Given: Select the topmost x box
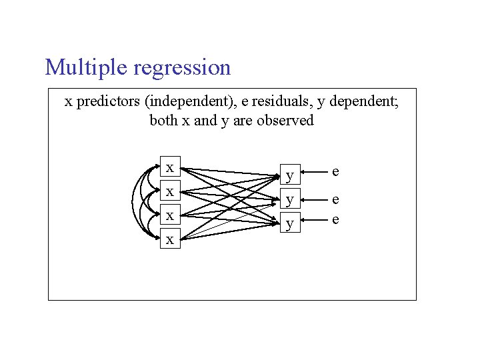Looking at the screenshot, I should coord(171,167).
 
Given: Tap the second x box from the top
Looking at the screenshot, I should coord(171,191).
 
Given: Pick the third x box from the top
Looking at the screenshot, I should coord(171,215).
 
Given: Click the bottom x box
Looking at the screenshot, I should coord(171,239).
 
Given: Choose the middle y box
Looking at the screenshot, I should coord(289,199).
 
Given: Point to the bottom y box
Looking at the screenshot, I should coord(289,223).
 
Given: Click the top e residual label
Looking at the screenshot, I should coord(335,172).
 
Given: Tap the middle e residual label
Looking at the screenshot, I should coord(335,199).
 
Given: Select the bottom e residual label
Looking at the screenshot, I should coord(335,219).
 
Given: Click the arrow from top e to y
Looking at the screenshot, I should coord(312,174).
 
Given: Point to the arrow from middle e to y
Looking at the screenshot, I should coord(312,199).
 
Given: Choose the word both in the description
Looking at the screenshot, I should coord(163,121).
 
